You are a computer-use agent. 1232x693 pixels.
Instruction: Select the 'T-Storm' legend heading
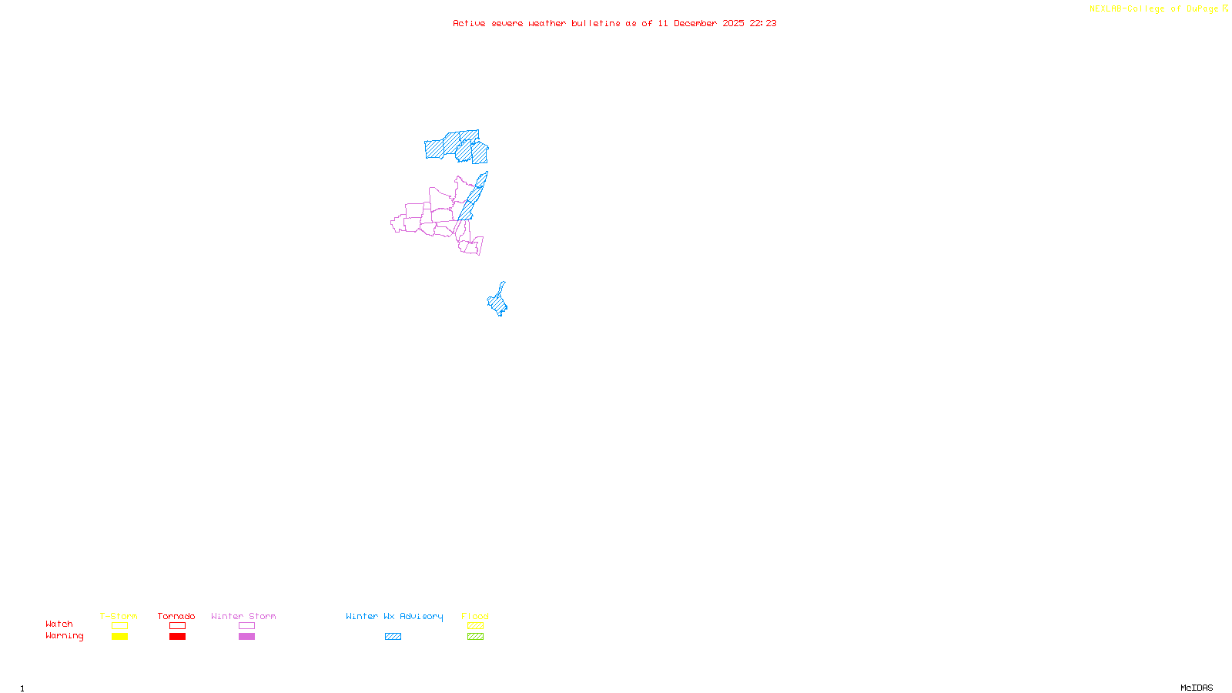(x=119, y=616)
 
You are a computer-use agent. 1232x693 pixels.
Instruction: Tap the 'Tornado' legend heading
(x=176, y=616)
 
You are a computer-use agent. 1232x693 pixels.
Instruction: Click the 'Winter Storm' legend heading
(x=243, y=616)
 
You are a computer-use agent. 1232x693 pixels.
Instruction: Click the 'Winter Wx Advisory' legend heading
(x=394, y=616)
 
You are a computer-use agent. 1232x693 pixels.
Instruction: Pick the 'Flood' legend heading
(x=475, y=616)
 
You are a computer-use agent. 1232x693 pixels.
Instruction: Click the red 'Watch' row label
(x=59, y=624)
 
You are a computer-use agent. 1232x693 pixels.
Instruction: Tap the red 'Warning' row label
(x=64, y=636)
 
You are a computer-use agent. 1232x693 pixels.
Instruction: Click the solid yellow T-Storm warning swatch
(x=119, y=637)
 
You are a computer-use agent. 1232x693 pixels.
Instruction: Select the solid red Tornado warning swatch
(x=177, y=637)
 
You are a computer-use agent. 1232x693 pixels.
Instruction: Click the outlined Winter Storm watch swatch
(x=246, y=626)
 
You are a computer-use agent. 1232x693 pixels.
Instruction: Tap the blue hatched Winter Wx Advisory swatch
(x=393, y=637)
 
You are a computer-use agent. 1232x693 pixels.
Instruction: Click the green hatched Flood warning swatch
(x=475, y=637)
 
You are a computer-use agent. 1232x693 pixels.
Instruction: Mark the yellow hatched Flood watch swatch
(x=475, y=626)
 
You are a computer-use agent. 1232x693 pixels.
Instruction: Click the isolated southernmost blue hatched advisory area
(x=498, y=303)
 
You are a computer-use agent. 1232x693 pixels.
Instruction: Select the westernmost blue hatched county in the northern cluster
(x=434, y=149)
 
